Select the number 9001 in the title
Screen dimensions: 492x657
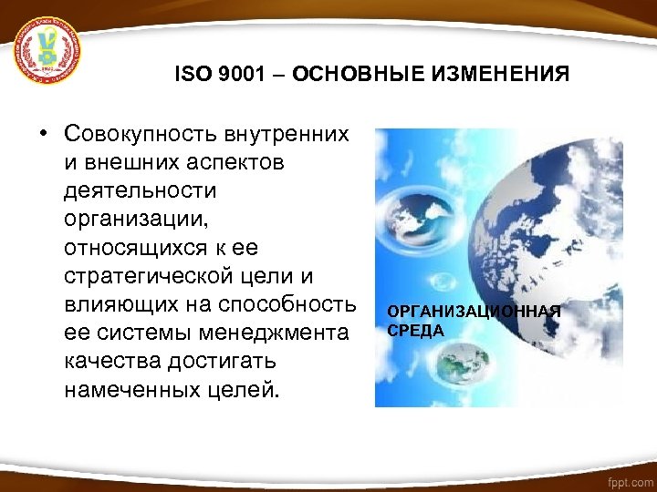click(239, 74)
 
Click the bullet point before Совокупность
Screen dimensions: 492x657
click(43, 135)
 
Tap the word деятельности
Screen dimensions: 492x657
click(141, 191)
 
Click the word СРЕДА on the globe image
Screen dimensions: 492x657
click(416, 330)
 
